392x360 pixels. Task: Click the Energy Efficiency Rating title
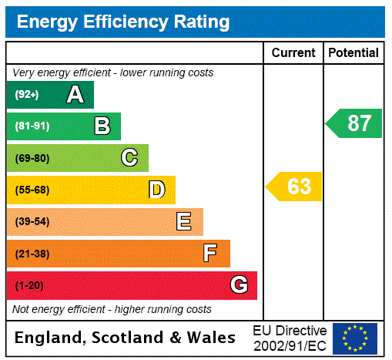tap(123, 22)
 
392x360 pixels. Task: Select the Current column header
tap(293, 53)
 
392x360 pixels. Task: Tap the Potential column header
tap(353, 53)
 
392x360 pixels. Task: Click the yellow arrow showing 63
tap(295, 187)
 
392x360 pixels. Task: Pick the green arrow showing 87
tap(354, 123)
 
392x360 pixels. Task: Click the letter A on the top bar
tap(75, 95)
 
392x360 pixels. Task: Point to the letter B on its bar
tap(102, 126)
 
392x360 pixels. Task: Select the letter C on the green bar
tap(129, 158)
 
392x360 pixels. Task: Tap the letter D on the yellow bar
tap(157, 190)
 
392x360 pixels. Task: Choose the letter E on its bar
tap(184, 222)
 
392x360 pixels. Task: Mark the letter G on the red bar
tap(239, 285)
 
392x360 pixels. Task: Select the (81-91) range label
tap(32, 126)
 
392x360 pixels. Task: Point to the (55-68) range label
tap(32, 190)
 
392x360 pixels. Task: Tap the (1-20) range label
tap(29, 285)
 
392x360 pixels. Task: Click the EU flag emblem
tap(355, 338)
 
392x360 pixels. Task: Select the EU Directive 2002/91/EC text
tap(290, 338)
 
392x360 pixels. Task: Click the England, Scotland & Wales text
tap(126, 338)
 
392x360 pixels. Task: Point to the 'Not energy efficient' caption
tap(112, 309)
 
